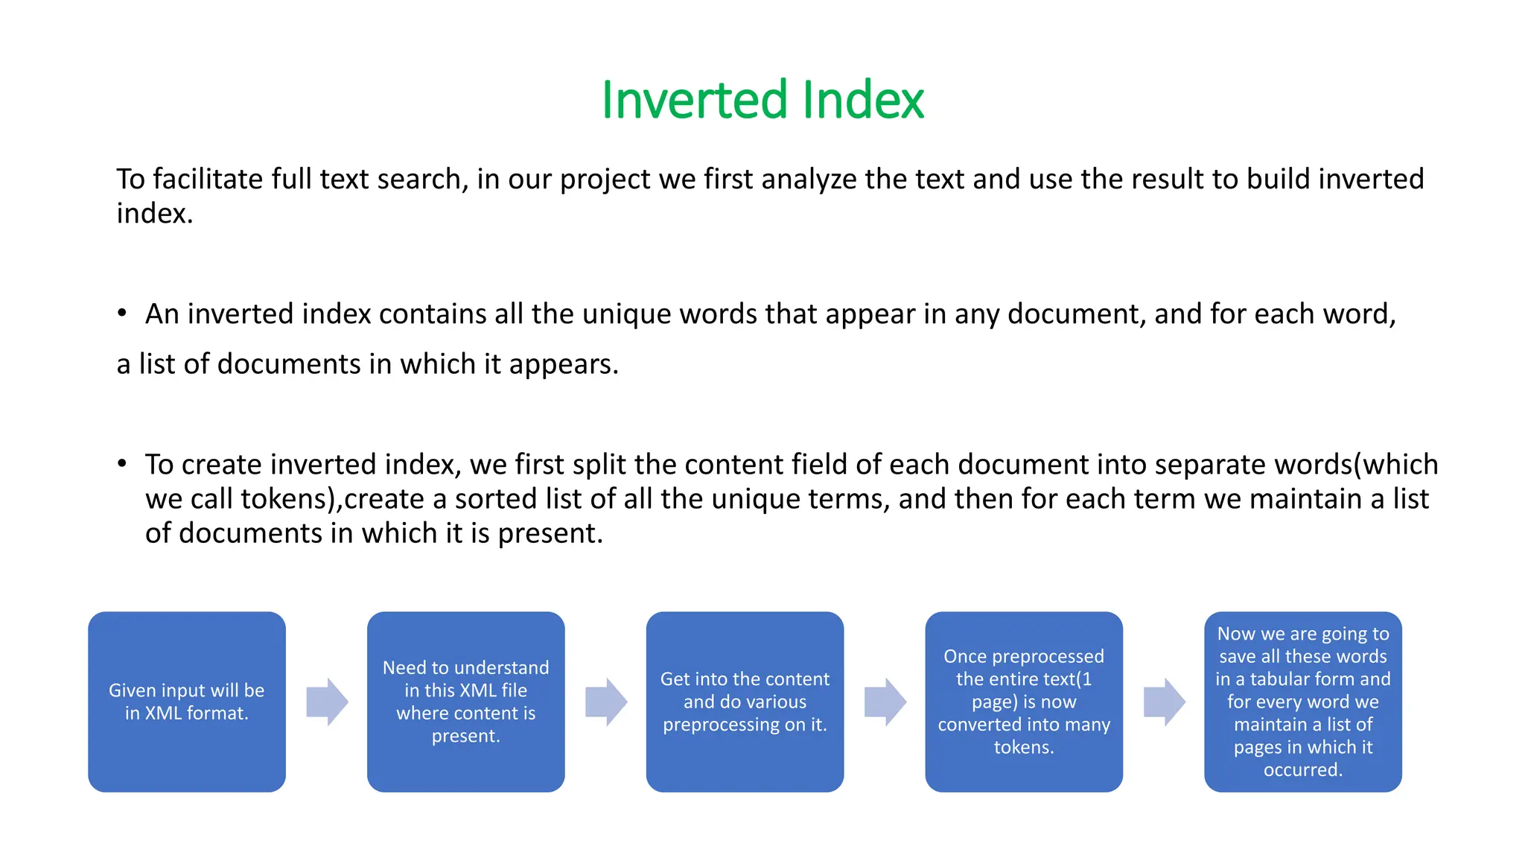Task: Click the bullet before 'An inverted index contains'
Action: [x=122, y=314]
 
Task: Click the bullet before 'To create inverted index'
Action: [x=122, y=464]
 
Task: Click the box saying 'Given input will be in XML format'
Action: [x=187, y=702]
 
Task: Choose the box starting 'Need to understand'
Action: [x=465, y=702]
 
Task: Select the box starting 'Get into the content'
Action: [x=745, y=702]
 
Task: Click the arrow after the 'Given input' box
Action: [x=327, y=702]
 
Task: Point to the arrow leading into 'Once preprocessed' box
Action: [x=885, y=702]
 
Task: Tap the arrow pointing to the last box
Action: [x=1164, y=702]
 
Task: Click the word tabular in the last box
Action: [x=1283, y=679]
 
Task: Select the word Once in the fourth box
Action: [x=965, y=656]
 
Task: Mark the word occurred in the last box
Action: [x=1302, y=770]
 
